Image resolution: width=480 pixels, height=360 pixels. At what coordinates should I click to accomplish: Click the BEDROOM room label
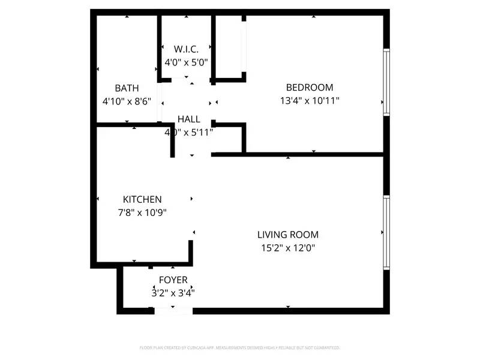click(310, 88)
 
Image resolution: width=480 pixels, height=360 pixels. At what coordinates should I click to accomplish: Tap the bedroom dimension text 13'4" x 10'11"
click(310, 101)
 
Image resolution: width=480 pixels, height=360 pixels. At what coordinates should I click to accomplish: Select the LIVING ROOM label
click(288, 235)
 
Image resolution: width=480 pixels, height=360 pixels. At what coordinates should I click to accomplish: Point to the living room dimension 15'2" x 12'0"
click(288, 247)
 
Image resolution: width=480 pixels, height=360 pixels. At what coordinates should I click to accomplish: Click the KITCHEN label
click(142, 199)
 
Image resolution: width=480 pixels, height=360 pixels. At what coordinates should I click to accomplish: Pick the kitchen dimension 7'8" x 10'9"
click(142, 212)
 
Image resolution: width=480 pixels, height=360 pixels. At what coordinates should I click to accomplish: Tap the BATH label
click(127, 88)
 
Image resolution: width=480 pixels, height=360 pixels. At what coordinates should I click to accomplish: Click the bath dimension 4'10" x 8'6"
click(127, 101)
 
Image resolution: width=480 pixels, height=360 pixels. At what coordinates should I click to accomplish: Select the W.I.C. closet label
click(186, 49)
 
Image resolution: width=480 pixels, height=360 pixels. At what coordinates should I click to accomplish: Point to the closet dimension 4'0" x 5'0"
click(186, 61)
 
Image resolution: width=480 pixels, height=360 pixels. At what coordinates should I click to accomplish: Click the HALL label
click(188, 119)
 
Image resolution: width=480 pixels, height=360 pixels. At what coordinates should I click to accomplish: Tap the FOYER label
click(173, 280)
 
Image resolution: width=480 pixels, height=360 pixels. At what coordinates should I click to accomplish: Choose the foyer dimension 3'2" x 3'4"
click(173, 293)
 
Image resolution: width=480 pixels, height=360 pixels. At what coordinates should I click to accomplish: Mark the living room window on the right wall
click(386, 232)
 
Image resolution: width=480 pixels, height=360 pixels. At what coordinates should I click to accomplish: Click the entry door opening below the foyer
click(173, 310)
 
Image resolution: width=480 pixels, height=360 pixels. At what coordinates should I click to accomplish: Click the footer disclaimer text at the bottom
click(240, 347)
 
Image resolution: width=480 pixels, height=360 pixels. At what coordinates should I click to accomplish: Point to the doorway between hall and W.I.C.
click(186, 79)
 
